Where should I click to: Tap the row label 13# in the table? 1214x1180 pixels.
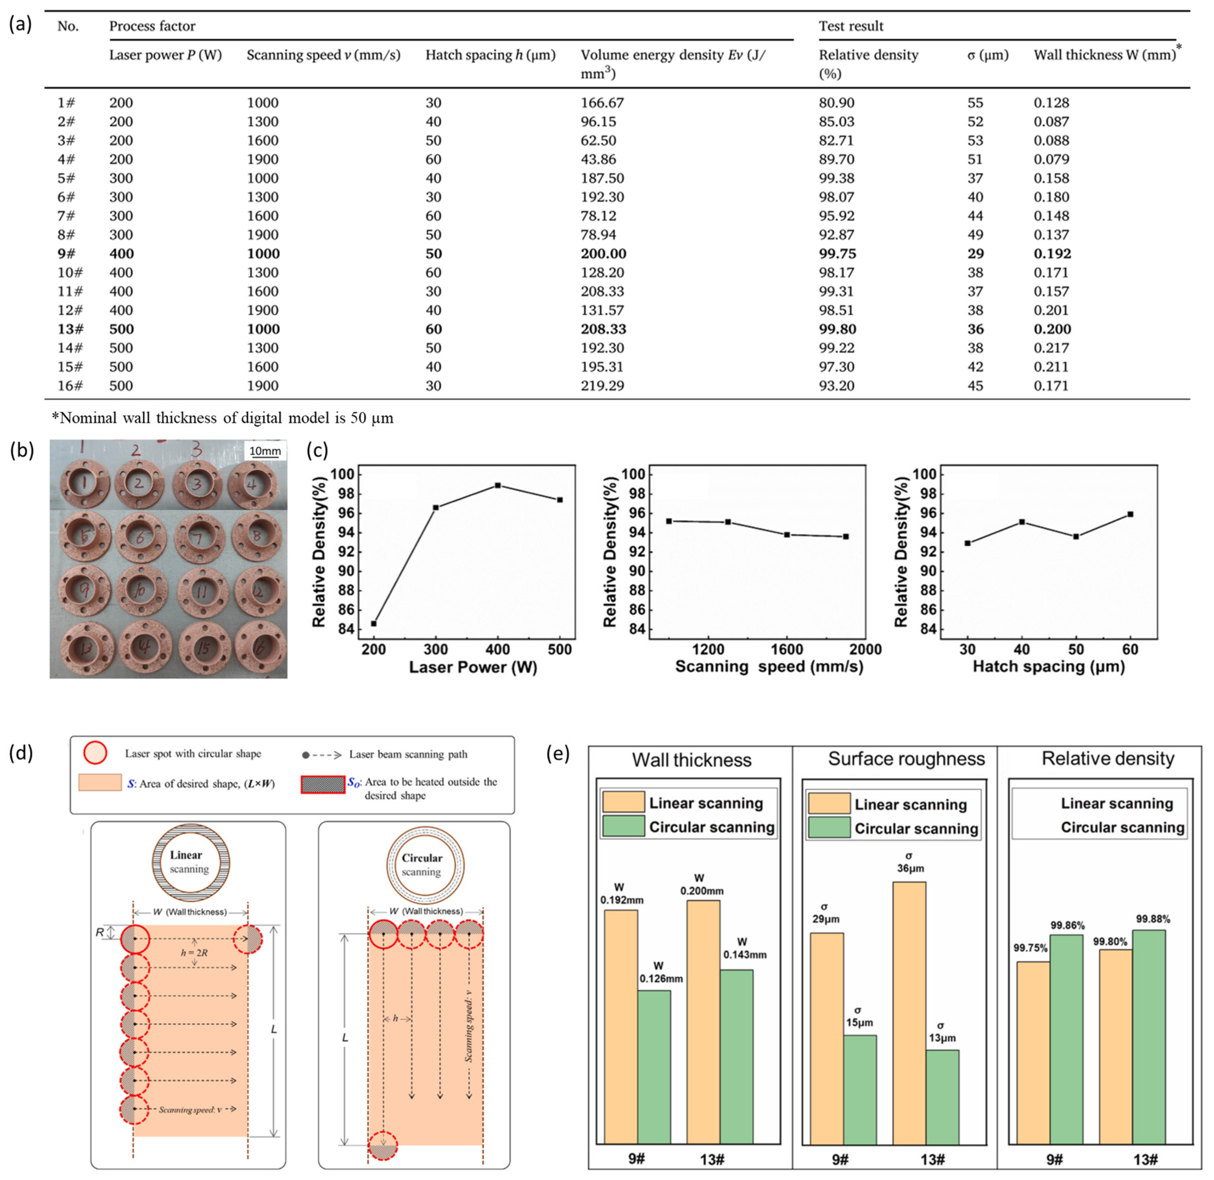tap(70, 329)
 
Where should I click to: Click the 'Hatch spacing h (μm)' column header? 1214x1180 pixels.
tap(490, 55)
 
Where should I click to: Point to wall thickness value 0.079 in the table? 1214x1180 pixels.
tap(1051, 159)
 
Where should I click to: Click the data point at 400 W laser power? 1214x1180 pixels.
tap(498, 485)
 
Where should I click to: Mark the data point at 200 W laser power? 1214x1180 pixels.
tap(374, 624)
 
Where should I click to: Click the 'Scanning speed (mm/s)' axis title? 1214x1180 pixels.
tap(768, 667)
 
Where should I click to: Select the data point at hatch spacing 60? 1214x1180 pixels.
tap(1130, 514)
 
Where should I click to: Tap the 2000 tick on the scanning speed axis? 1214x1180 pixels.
tap(865, 649)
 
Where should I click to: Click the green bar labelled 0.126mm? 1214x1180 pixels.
tap(654, 1066)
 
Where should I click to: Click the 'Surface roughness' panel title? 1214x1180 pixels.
tap(906, 759)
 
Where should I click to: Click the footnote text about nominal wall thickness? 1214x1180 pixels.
tap(223, 418)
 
